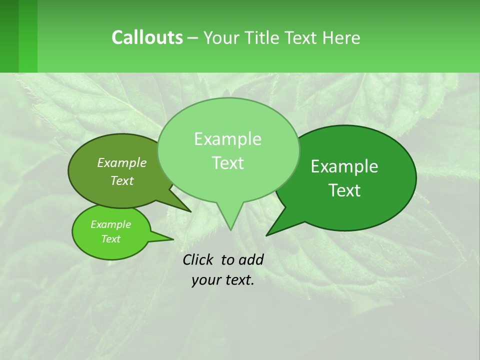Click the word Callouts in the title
pyautogui.click(x=147, y=37)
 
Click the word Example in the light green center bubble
pyautogui.click(x=227, y=139)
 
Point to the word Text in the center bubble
pyautogui.click(x=228, y=163)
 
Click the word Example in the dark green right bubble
pyautogui.click(x=344, y=166)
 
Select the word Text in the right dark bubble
pyautogui.click(x=345, y=190)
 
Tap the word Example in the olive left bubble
pyautogui.click(x=122, y=162)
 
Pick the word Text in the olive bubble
pyautogui.click(x=122, y=180)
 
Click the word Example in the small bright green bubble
pyautogui.click(x=111, y=224)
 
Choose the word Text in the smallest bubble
pyautogui.click(x=111, y=239)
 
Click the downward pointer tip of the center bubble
pyautogui.click(x=230, y=229)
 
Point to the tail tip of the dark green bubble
pyautogui.click(x=266, y=235)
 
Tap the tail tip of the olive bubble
pyautogui.click(x=190, y=211)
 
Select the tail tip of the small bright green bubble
pyautogui.click(x=173, y=239)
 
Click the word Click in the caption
pyautogui.click(x=198, y=259)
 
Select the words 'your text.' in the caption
pyautogui.click(x=223, y=280)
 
